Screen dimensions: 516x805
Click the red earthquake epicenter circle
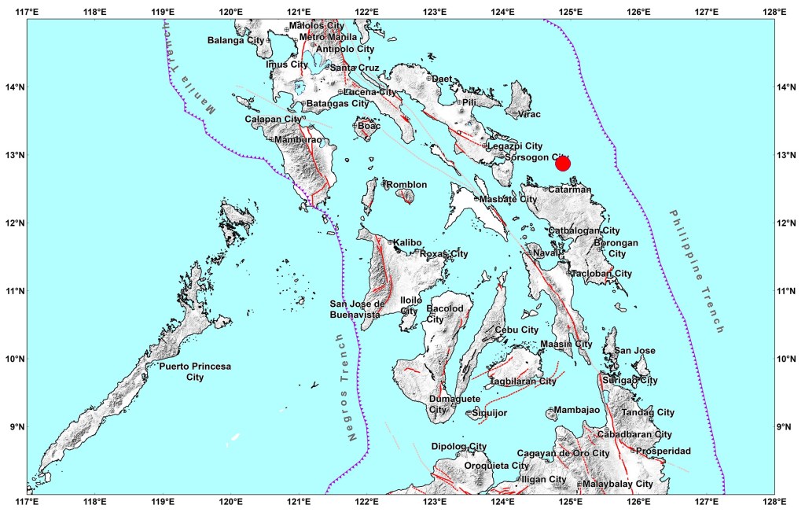562,163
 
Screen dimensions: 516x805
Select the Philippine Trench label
695,272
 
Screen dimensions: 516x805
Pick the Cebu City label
516,330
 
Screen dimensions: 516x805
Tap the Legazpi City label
515,146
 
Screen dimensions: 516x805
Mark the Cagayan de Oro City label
563,453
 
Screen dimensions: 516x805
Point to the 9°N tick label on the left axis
13,427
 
